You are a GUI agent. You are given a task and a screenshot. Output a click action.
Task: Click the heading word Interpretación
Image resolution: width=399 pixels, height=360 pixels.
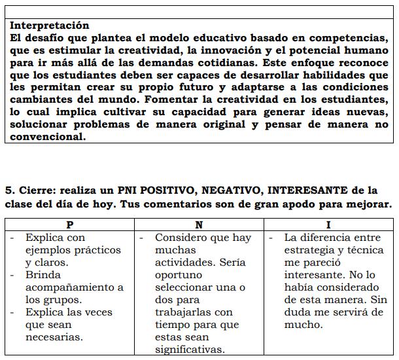(x=50, y=26)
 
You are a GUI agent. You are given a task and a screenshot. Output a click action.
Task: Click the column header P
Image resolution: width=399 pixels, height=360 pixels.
(x=70, y=225)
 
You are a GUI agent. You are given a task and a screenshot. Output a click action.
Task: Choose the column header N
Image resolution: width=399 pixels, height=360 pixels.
(x=199, y=225)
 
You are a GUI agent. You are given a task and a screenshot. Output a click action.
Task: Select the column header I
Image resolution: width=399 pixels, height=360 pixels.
(x=329, y=225)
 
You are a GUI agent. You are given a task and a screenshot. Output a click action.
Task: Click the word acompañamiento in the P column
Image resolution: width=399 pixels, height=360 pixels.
(x=74, y=287)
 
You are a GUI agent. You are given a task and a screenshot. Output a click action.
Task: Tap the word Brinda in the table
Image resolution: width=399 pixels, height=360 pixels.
(x=43, y=275)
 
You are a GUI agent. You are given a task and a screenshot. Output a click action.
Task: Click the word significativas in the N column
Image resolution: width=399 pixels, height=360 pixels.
(x=190, y=350)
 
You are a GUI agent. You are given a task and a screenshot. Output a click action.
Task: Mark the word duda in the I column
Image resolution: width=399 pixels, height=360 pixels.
(x=298, y=312)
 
